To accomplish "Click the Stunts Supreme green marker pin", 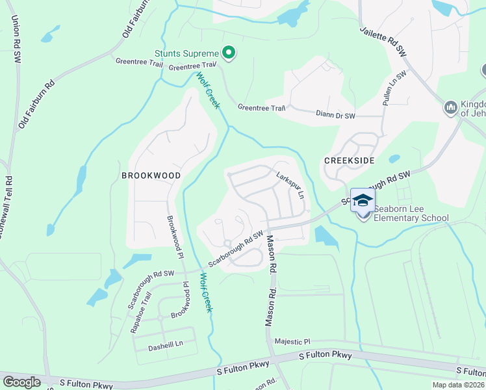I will click(229, 53).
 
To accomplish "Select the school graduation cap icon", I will click(363, 200).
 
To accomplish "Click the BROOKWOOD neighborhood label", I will click(150, 175).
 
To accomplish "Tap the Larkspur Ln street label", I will click(290, 185).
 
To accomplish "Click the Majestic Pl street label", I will click(293, 341).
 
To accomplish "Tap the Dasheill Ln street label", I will click(166, 343).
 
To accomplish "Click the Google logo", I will click(21, 382).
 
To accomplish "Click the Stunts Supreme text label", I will click(185, 53).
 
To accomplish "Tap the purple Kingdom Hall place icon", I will click(450, 107).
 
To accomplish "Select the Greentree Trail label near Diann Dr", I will click(261, 108).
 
